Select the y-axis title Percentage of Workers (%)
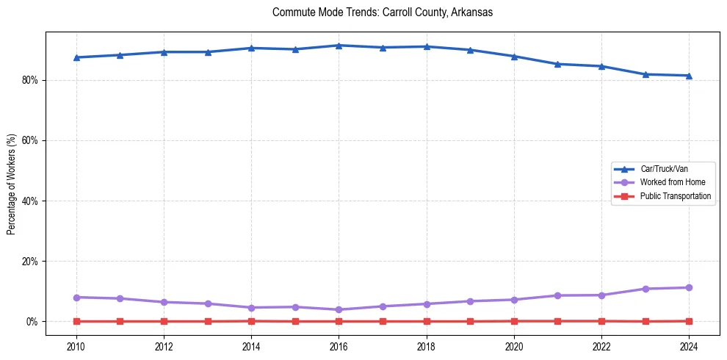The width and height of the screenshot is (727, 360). (11, 184)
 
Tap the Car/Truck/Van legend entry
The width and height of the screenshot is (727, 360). (664, 169)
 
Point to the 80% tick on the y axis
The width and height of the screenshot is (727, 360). (29, 80)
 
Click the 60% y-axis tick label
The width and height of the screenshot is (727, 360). (29, 140)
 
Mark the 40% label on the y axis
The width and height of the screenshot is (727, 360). (29, 201)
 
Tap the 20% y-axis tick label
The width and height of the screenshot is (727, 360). (29, 262)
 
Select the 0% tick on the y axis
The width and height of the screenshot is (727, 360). (32, 322)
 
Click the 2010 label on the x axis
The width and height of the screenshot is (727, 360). (76, 346)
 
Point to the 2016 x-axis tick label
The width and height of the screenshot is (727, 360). (339, 346)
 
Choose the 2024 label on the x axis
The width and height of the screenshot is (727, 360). (689, 346)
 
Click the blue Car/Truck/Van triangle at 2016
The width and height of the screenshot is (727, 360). (339, 46)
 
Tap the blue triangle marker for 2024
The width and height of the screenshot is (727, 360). (689, 76)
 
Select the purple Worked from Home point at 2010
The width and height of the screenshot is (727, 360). (76, 298)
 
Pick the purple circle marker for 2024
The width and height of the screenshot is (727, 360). (689, 288)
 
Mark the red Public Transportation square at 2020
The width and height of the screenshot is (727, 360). (514, 321)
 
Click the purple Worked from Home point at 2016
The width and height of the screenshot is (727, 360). (339, 310)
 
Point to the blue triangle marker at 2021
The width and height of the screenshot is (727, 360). (557, 64)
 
